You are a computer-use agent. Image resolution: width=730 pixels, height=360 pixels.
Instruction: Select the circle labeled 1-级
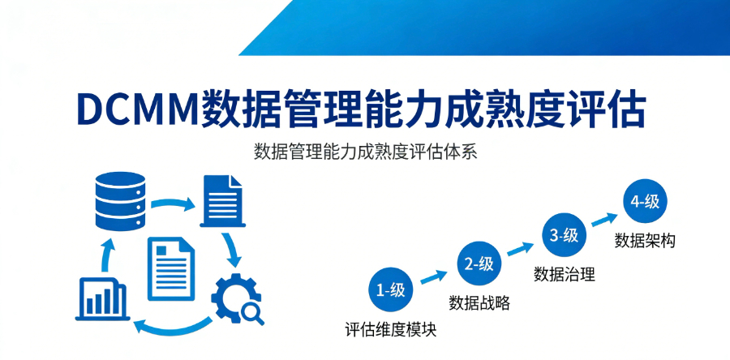(392, 290)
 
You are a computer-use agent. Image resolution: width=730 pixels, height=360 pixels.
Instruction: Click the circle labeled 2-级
(479, 264)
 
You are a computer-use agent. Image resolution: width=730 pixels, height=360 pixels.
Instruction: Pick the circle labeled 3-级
(564, 236)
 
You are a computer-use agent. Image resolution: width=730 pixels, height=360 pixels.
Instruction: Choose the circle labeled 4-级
(645, 203)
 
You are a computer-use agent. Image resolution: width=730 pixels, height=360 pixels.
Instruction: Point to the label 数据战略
(479, 303)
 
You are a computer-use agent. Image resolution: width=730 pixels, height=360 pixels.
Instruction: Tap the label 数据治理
(564, 274)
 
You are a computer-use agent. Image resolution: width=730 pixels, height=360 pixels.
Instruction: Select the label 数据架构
(645, 241)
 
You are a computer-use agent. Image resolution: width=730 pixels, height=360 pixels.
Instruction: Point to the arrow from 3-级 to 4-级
(604, 219)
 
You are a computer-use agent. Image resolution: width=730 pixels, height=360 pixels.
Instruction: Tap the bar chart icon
(101, 298)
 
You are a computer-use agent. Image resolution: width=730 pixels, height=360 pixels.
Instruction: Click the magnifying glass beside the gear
(252, 312)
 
